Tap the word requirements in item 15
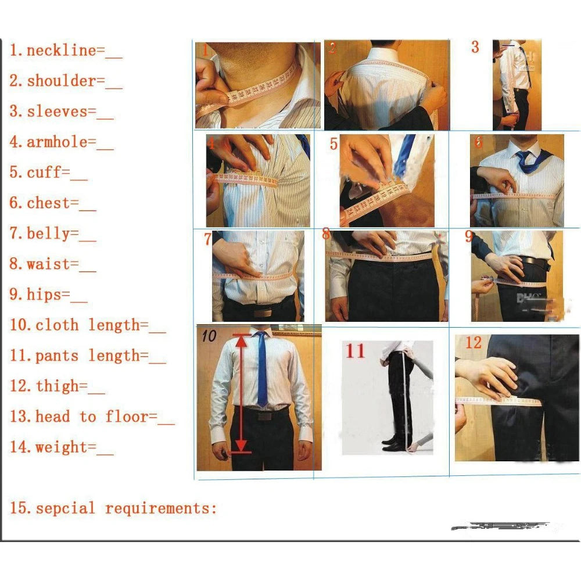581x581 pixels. tap(160, 509)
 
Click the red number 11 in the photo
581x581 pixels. tap(356, 352)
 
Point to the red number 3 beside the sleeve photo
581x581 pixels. tap(475, 48)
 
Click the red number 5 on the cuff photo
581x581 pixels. tap(333, 144)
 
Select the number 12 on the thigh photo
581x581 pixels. tap(473, 343)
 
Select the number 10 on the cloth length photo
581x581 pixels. tap(209, 336)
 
